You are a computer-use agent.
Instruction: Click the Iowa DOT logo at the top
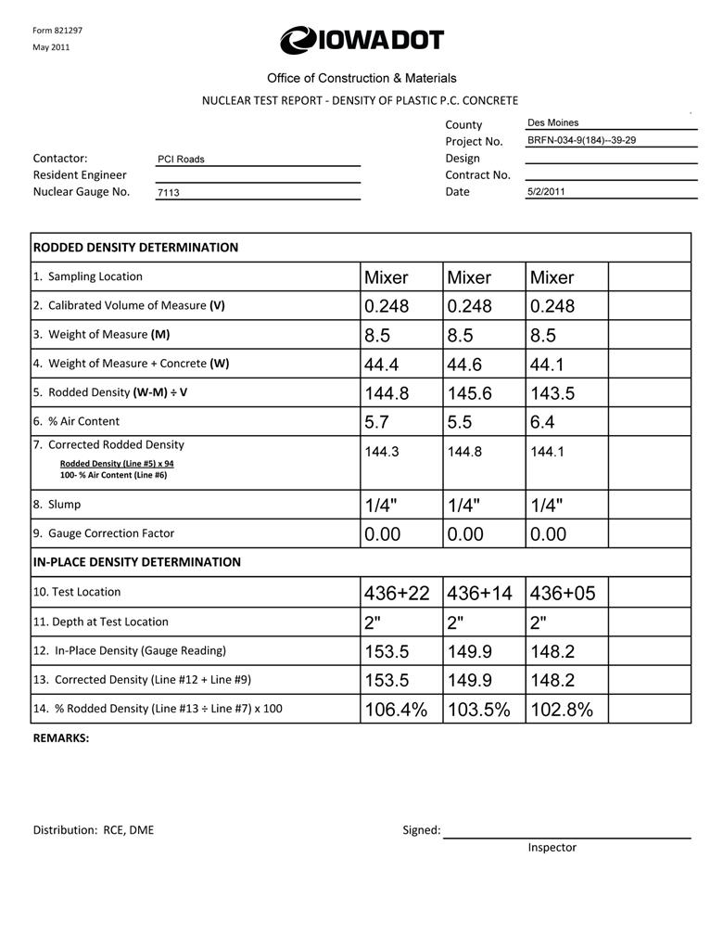point(361,41)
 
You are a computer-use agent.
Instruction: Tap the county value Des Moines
point(552,122)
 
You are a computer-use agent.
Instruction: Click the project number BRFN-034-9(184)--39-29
point(581,140)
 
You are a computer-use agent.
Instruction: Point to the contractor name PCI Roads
point(181,160)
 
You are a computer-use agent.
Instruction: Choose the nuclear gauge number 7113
point(168,193)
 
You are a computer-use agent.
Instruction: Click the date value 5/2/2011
point(546,192)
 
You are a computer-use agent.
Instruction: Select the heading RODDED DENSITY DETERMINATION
point(135,248)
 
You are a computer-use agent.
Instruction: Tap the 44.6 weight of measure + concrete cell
point(464,365)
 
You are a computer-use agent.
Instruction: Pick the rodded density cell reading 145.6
point(469,393)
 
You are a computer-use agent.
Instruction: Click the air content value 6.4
point(542,422)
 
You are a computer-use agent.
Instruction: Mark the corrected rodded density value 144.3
point(381,452)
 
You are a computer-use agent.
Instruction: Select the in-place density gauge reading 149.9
point(469,652)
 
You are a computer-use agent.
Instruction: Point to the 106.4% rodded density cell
point(396,711)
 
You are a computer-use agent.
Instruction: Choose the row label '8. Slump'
point(57,505)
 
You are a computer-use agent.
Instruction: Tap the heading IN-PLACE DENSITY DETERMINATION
point(136,562)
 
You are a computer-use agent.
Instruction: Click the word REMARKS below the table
point(61,738)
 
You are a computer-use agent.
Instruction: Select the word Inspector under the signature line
point(552,847)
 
